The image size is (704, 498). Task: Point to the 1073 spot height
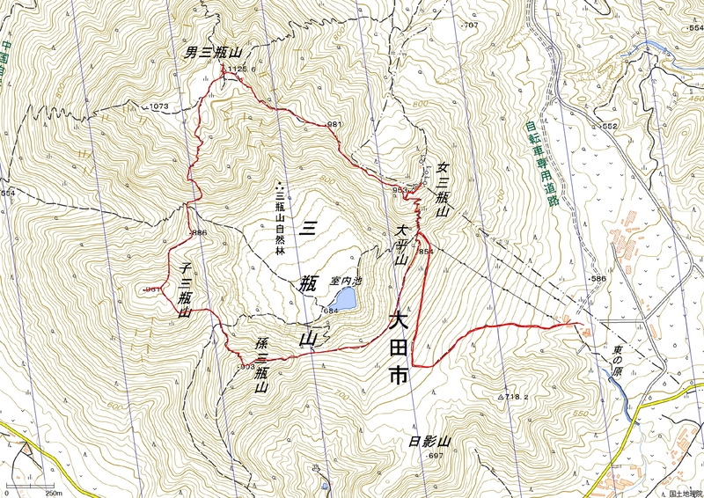point(158,106)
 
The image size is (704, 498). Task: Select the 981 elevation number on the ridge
point(334,125)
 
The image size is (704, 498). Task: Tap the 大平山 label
point(400,244)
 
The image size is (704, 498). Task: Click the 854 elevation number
point(427,252)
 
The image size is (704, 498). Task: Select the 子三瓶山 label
point(186,287)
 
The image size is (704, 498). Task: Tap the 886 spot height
point(198,233)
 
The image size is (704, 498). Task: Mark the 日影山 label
point(429,442)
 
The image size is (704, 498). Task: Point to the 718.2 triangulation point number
point(516,398)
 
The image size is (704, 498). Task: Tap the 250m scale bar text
point(53,493)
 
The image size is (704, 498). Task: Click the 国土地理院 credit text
point(682,493)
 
